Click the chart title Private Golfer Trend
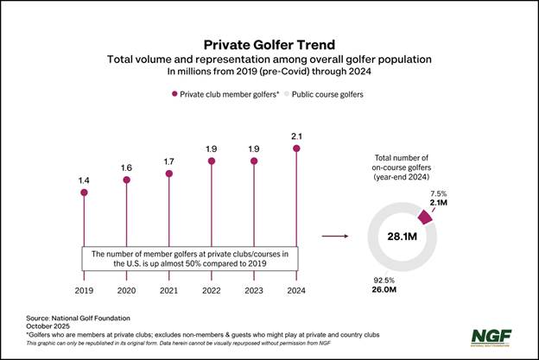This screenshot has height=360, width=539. click(x=269, y=43)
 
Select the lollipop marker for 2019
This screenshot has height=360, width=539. click(x=84, y=192)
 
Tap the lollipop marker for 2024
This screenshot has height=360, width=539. click(x=297, y=148)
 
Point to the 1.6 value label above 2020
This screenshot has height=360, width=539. click(x=126, y=167)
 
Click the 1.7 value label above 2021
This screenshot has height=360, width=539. click(x=169, y=160)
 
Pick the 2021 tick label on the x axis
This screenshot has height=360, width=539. click(x=169, y=292)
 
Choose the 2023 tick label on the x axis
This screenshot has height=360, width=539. click(x=255, y=292)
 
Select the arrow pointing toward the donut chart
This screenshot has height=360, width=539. click(x=334, y=235)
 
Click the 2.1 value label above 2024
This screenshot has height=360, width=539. click(x=297, y=135)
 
